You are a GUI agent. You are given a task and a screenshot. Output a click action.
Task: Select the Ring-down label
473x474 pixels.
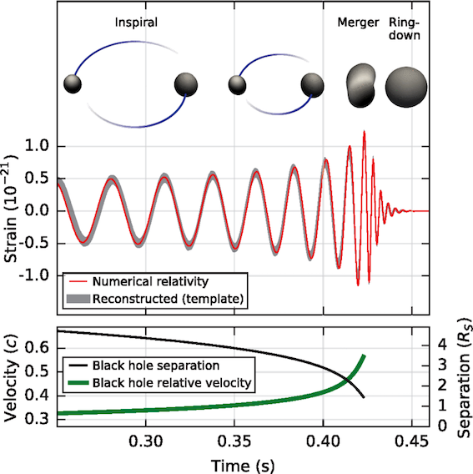tap(406, 30)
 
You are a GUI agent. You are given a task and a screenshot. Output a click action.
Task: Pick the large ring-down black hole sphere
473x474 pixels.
tap(407, 85)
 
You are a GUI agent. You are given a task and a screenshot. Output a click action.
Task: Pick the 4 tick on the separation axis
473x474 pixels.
tap(441, 343)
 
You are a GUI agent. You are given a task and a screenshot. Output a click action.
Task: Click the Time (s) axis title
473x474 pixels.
tap(236, 461)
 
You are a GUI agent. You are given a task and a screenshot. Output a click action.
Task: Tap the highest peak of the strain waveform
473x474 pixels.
tap(364, 132)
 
